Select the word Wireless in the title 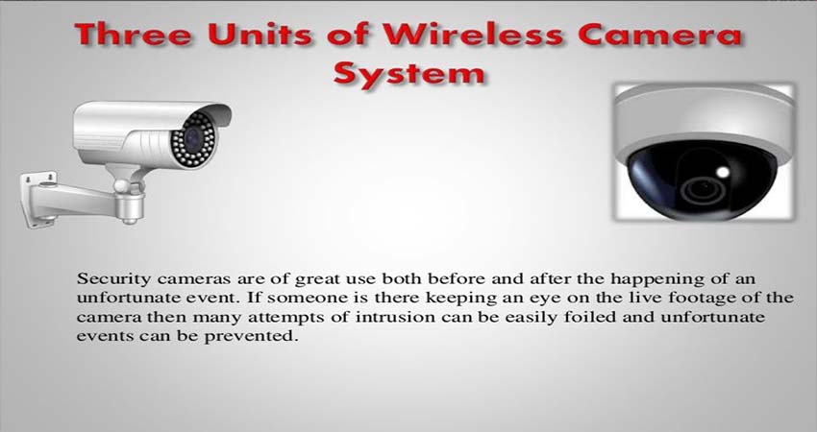click(x=474, y=35)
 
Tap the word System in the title click(x=409, y=74)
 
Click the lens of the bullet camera click(x=193, y=139)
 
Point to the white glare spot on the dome click(x=723, y=171)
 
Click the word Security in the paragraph click(x=113, y=279)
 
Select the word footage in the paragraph click(x=706, y=299)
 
